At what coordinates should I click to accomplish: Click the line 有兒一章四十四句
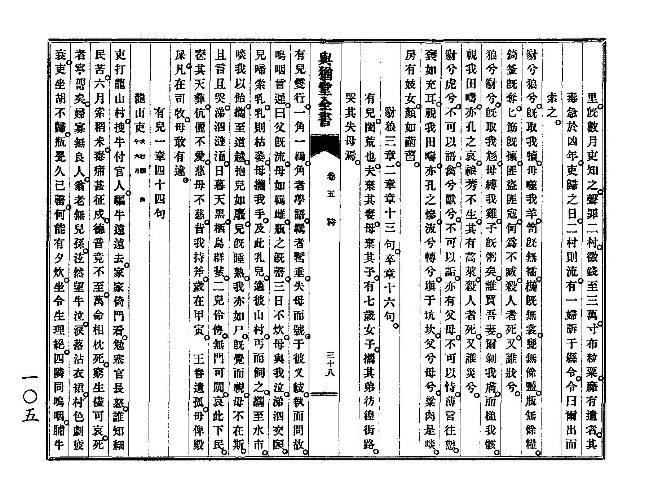159,162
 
